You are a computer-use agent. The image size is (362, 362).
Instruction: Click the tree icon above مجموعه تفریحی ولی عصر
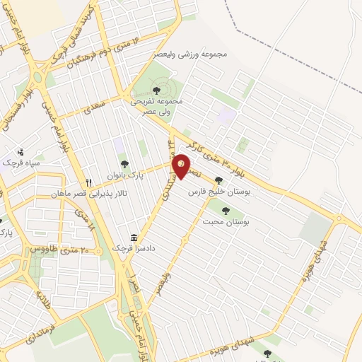point(156,90)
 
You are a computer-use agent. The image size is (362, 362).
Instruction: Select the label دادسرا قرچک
point(134,249)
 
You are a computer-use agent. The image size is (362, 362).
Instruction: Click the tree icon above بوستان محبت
point(226,210)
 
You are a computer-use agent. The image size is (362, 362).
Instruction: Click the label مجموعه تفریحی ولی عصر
point(156,105)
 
